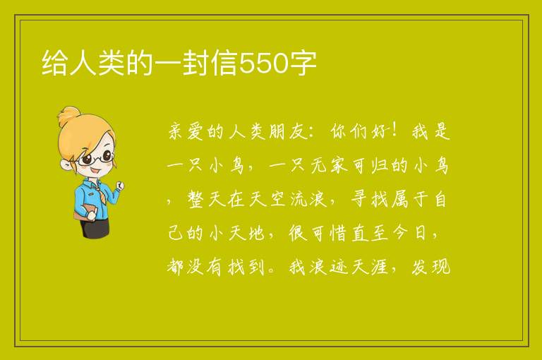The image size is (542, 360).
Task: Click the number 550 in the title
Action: (263, 63)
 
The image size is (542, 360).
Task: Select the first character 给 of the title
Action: (54, 63)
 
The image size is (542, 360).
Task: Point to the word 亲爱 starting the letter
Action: (186, 131)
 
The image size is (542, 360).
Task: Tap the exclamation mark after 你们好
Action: (394, 131)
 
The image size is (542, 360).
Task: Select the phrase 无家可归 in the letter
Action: (349, 165)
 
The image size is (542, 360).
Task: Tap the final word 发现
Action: (430, 267)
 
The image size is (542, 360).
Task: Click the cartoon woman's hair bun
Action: (69, 116)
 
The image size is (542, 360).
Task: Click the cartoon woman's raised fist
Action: (120, 186)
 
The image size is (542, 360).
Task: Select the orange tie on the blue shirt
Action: (100, 193)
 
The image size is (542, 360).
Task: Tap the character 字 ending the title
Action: (303, 63)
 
